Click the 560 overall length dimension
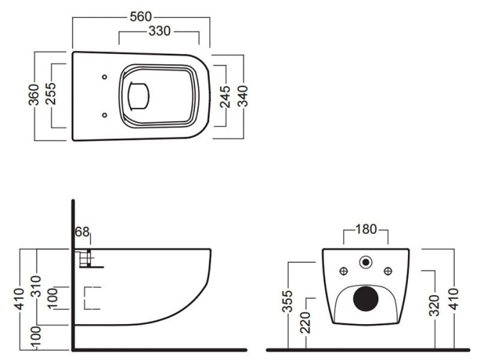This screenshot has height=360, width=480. coord(141,17)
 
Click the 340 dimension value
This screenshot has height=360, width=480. coord(244,95)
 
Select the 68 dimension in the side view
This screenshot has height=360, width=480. coord(81,232)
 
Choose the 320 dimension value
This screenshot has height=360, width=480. coord(433,307)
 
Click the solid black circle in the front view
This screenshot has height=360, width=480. coord(366,297)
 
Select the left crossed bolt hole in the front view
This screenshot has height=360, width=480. coord(344,271)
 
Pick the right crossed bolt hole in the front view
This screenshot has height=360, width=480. coord(389,271)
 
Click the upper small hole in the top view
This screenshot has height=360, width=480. coord(105,77)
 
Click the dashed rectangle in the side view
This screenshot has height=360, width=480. coord(91,297)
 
